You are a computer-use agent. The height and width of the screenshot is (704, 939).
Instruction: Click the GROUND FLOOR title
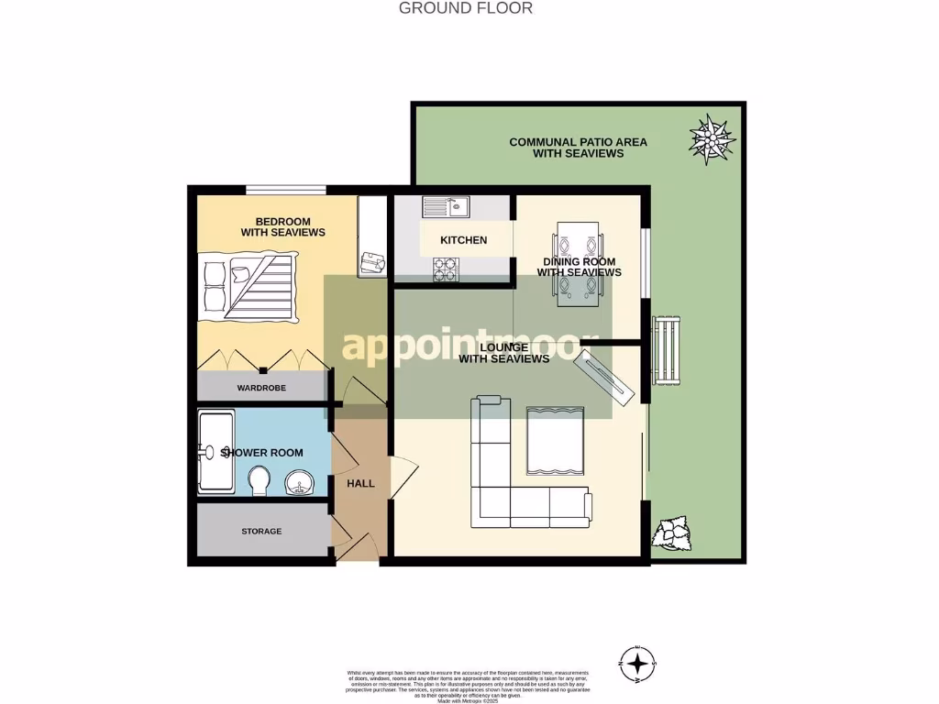click(x=466, y=8)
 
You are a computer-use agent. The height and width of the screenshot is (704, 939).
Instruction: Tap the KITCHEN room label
click(x=463, y=240)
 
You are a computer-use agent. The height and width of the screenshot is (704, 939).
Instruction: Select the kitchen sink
click(x=447, y=206)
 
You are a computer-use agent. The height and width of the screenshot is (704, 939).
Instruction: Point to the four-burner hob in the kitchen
click(x=446, y=269)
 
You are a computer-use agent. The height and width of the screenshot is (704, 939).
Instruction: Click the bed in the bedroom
click(x=248, y=287)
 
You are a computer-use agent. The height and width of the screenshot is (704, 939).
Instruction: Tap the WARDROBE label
click(x=261, y=388)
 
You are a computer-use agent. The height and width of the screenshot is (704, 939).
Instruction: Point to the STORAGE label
click(x=261, y=532)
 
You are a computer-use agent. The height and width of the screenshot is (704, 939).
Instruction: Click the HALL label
click(x=360, y=483)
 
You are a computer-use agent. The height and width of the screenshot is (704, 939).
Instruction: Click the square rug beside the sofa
click(x=556, y=441)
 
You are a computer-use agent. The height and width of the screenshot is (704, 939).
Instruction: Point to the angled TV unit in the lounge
click(x=603, y=375)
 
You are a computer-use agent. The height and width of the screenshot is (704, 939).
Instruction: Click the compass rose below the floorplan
click(x=639, y=661)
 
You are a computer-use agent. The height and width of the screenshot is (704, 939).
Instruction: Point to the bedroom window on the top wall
click(x=285, y=190)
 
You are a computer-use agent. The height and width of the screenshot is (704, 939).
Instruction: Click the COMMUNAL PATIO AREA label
click(x=578, y=148)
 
